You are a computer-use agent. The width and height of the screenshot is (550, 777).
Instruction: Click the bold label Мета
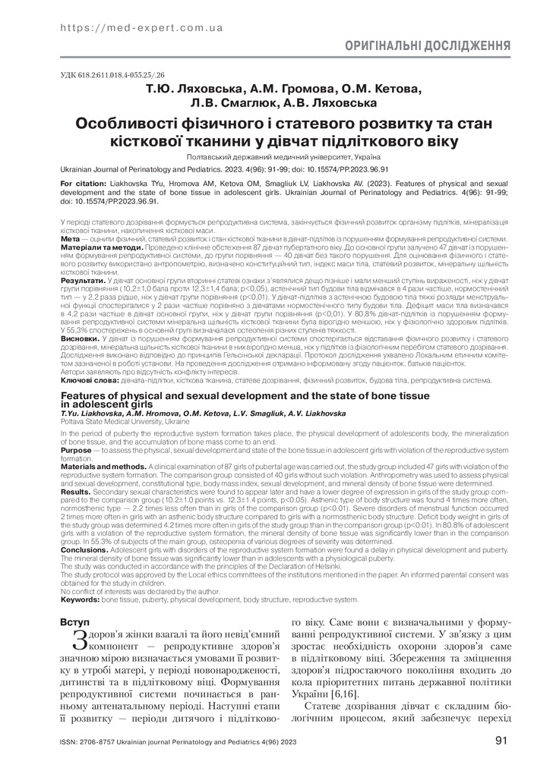click(x=69, y=238)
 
